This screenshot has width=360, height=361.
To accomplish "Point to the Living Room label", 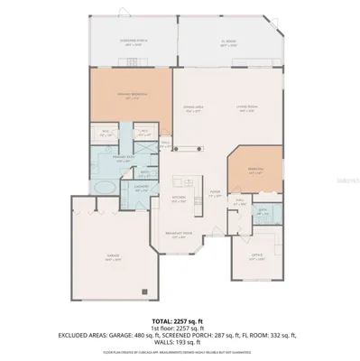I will click(222, 109).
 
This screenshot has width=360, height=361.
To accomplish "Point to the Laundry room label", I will click(142, 188).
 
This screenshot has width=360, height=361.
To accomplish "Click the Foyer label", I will click(215, 193).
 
